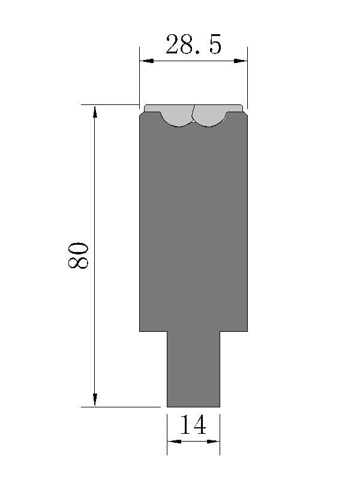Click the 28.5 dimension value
coord(193,44)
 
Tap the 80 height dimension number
coord(78,256)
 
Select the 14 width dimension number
coord(193,425)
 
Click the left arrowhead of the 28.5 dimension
coord(146,61)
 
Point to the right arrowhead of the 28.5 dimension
coord(241,61)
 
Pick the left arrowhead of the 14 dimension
coord(174,442)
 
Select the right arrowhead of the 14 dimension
coord(214,442)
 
